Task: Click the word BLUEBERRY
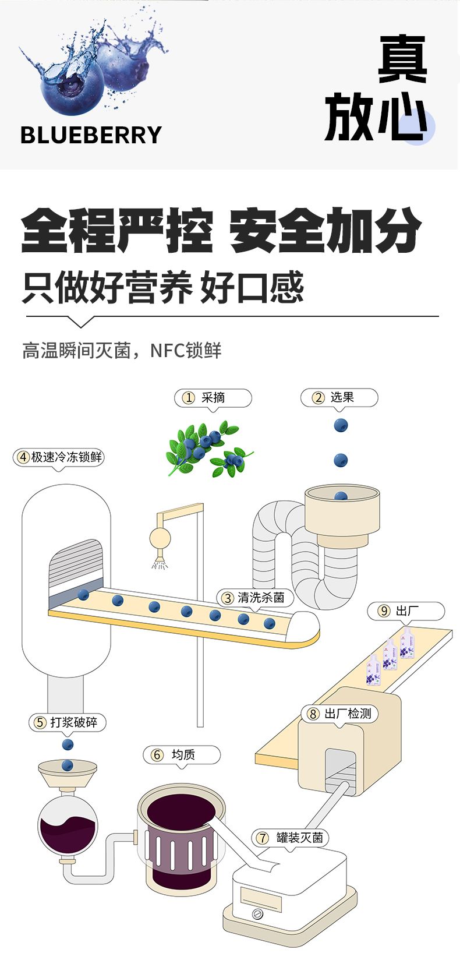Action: [91, 135]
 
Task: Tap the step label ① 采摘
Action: [213, 398]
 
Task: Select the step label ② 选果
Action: [339, 398]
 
